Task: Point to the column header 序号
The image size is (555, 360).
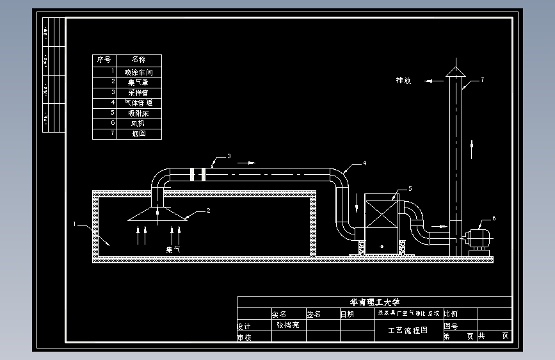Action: (104, 60)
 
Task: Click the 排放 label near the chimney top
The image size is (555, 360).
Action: (403, 81)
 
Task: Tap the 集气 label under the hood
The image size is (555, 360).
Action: (173, 249)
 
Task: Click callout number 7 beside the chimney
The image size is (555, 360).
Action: (482, 80)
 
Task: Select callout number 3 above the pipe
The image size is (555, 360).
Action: (229, 156)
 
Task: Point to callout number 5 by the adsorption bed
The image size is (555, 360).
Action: (410, 188)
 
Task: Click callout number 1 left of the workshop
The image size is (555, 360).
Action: (75, 224)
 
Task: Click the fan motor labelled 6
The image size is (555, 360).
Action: (479, 239)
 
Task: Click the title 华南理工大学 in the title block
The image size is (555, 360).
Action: (374, 302)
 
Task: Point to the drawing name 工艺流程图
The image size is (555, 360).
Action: (408, 331)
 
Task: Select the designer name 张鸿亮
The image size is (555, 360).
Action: (288, 325)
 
